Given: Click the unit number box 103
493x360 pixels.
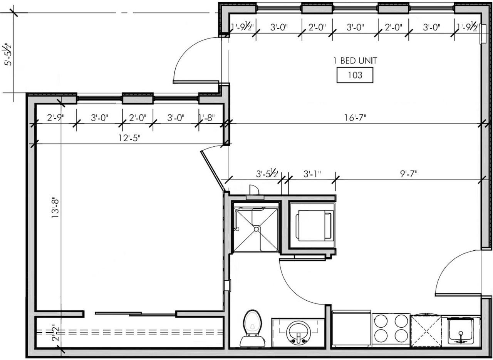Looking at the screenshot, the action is coord(355,75).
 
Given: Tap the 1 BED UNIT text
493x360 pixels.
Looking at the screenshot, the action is coord(355,61).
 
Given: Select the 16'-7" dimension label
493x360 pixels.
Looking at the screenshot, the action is coord(355,118).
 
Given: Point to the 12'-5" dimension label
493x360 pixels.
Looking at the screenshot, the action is coord(129,138).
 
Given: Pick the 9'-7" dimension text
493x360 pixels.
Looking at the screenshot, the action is coord(409,174).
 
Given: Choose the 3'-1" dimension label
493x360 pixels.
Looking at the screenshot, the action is coord(312,174).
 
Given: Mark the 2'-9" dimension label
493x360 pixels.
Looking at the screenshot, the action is coord(56,118).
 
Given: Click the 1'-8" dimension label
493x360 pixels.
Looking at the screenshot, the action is coord(207,118).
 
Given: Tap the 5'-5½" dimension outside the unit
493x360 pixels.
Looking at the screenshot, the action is coord(7,54).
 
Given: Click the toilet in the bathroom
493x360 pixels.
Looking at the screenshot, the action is coord(252,328).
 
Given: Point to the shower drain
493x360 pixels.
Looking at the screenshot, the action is coord(256,229).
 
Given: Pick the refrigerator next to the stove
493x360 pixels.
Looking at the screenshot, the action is coord(352,328).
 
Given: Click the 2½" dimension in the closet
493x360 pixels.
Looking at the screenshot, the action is coord(56,333).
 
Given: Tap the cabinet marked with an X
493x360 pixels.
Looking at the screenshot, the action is coord(426,331).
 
